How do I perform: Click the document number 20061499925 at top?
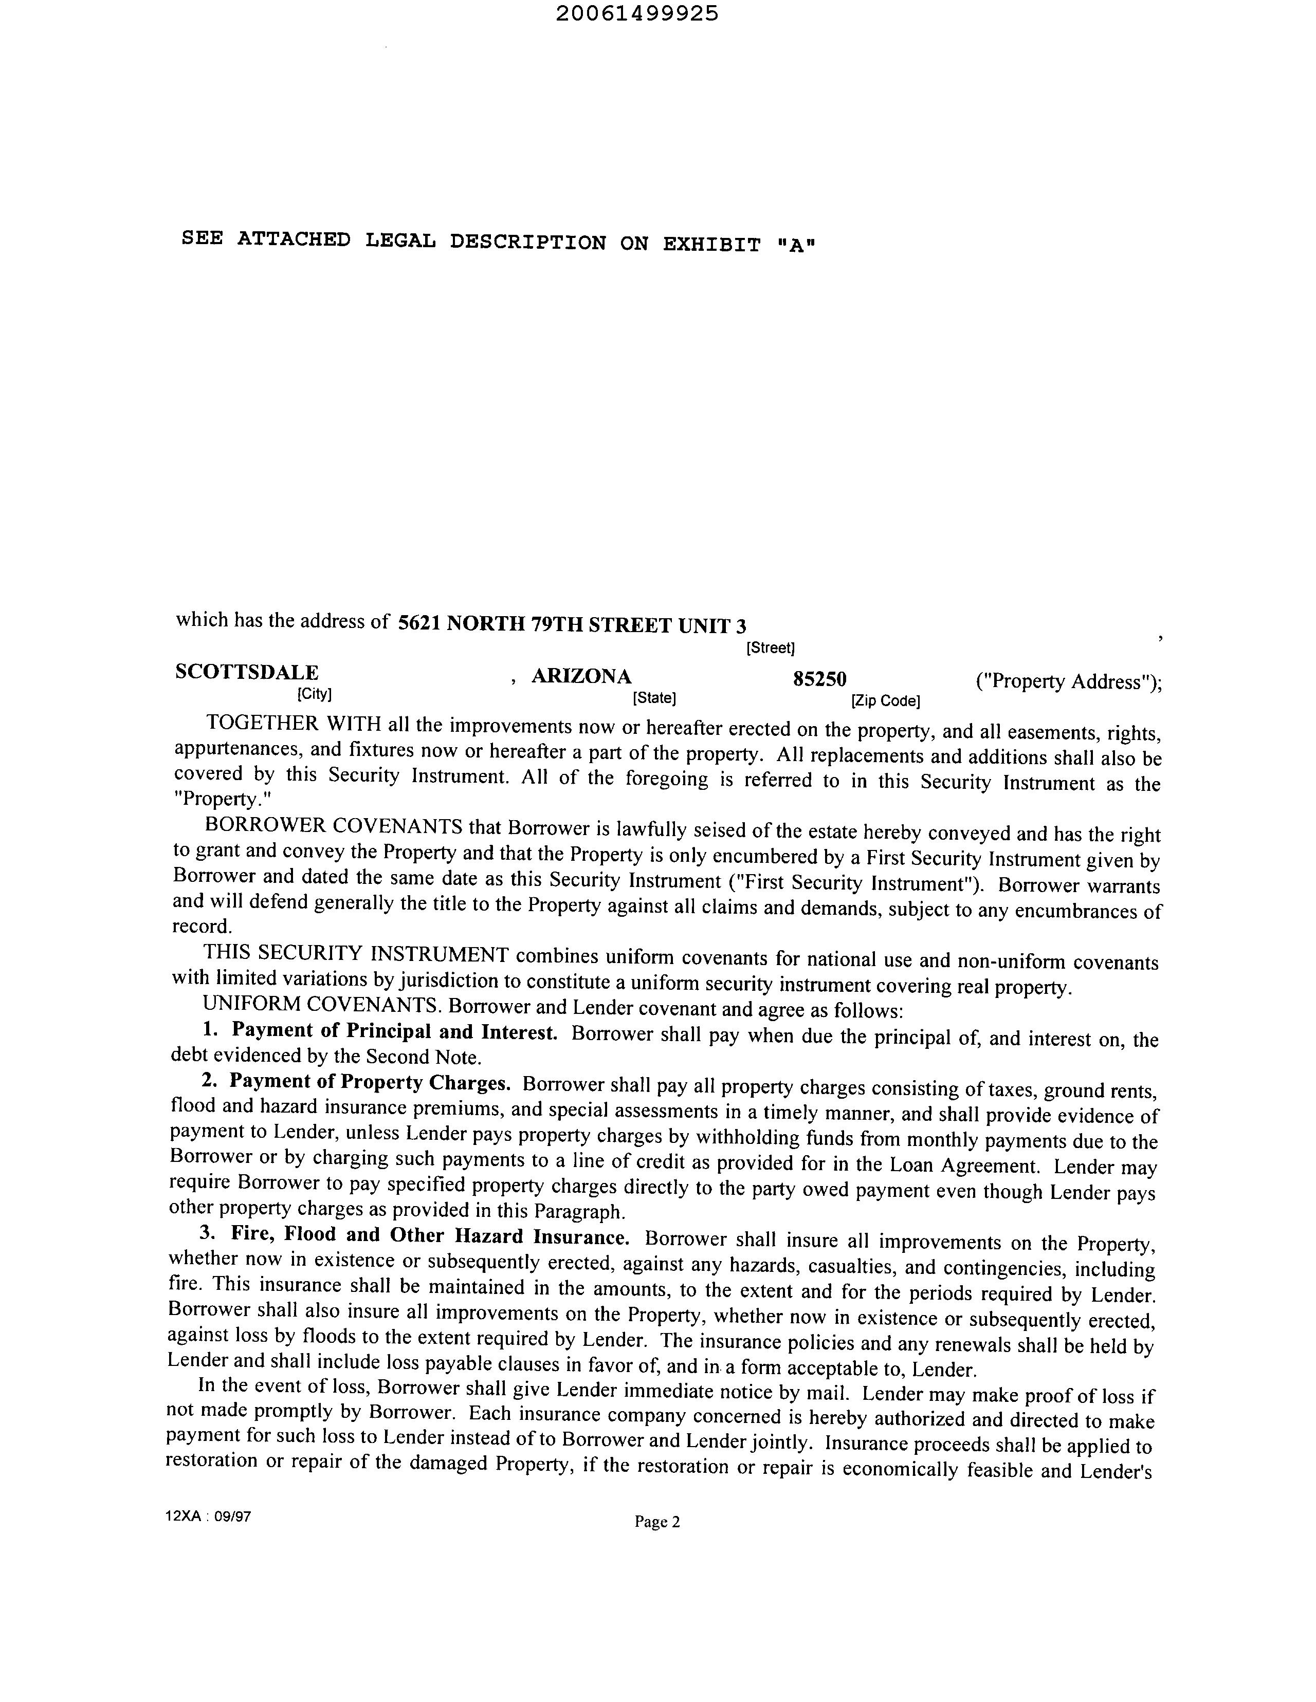point(637,14)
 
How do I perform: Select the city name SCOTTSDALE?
point(246,672)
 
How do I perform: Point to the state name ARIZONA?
point(581,676)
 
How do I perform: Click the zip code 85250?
point(819,679)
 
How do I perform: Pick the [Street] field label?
point(770,647)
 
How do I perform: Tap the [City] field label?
point(314,693)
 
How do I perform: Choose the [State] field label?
point(654,697)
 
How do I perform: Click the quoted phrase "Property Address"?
point(1065,682)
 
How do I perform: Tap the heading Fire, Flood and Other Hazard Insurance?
point(430,1236)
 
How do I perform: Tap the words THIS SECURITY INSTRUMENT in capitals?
point(356,953)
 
